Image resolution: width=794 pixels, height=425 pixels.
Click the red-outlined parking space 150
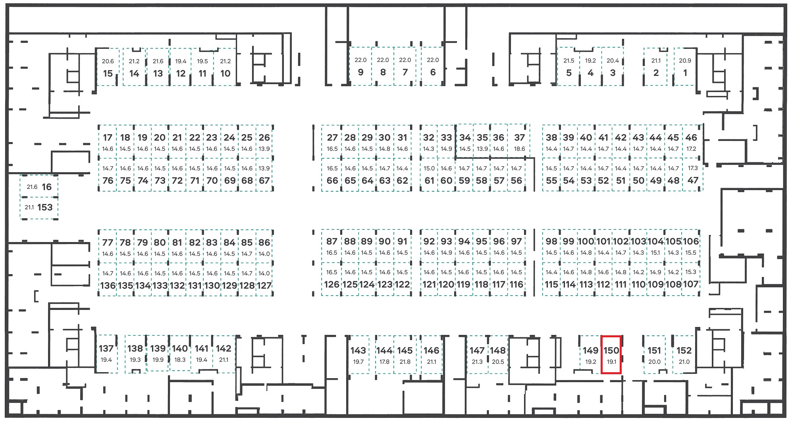click(611, 354)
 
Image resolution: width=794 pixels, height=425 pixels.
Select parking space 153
click(39, 208)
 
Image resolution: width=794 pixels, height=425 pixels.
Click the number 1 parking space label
click(685, 73)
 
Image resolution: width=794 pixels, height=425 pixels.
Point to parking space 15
click(108, 67)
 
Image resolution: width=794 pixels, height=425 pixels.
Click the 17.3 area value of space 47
click(693, 168)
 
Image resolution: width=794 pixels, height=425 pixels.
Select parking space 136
click(108, 279)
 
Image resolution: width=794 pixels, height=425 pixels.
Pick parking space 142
click(224, 354)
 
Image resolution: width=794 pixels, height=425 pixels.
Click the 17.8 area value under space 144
click(384, 362)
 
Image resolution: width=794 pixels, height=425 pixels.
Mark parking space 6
click(432, 67)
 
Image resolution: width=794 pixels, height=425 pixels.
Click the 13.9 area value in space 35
click(482, 149)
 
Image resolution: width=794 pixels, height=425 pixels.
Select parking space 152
click(684, 355)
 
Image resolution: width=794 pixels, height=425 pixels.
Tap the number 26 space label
click(264, 138)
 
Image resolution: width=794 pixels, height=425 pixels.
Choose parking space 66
click(332, 175)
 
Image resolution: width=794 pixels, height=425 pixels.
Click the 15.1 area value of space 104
click(655, 253)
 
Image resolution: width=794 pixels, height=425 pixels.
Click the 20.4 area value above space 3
click(613, 61)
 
